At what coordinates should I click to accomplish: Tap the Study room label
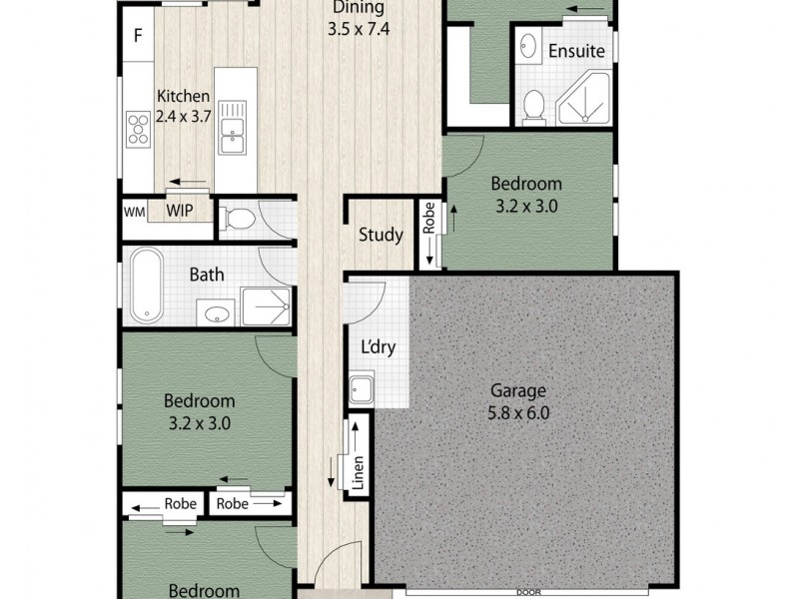tap(381, 236)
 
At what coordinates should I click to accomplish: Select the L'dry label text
tap(379, 348)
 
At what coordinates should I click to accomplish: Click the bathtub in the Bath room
tap(148, 286)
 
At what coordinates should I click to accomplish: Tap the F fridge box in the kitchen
tap(139, 39)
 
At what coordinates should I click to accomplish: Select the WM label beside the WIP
tap(134, 212)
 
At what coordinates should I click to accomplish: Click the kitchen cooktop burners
tap(136, 128)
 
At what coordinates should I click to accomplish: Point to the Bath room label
tap(207, 276)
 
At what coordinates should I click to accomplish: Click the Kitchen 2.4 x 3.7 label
tap(183, 106)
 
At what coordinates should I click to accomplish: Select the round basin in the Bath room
tap(216, 314)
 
